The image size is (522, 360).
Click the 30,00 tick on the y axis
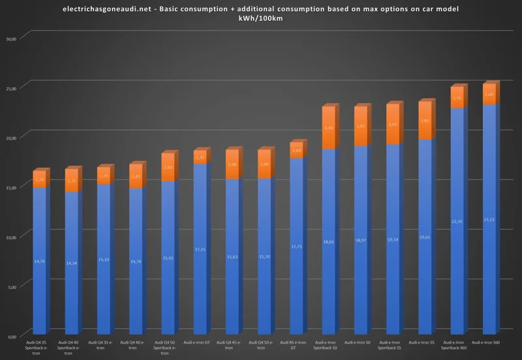10,38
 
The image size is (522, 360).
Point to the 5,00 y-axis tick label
11,286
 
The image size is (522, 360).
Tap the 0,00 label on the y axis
11,337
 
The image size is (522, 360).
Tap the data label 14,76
40,262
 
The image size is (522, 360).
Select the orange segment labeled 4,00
392,124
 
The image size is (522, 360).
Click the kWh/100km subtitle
261,18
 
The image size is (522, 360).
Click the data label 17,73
296,247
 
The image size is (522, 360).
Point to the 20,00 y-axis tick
10,138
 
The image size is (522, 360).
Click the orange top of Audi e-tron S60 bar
489,94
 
